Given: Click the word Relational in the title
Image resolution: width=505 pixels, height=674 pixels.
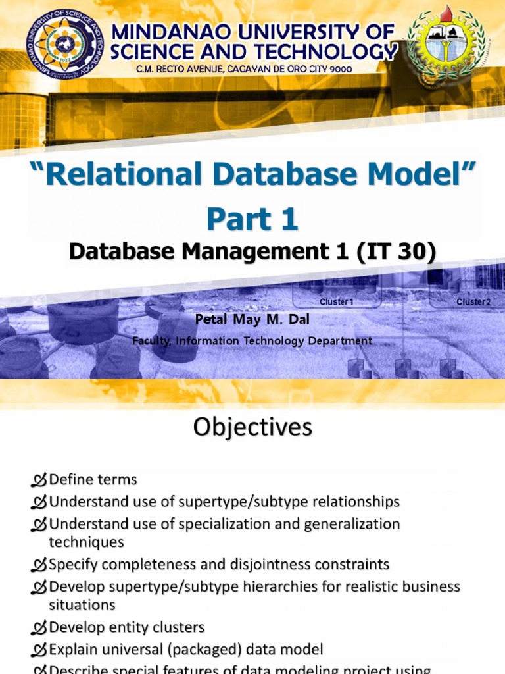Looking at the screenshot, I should (125, 174).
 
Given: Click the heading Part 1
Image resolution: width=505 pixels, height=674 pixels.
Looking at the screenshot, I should (252, 219).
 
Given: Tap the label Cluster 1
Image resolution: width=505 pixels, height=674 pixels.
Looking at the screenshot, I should (337, 302).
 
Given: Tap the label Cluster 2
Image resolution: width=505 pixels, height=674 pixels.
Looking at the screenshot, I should (473, 302).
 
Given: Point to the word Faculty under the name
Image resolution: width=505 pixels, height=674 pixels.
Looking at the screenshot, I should (151, 341).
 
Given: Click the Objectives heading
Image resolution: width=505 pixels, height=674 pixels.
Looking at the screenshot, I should (252, 428).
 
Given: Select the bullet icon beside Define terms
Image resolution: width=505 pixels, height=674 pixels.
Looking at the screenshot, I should (39, 480).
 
